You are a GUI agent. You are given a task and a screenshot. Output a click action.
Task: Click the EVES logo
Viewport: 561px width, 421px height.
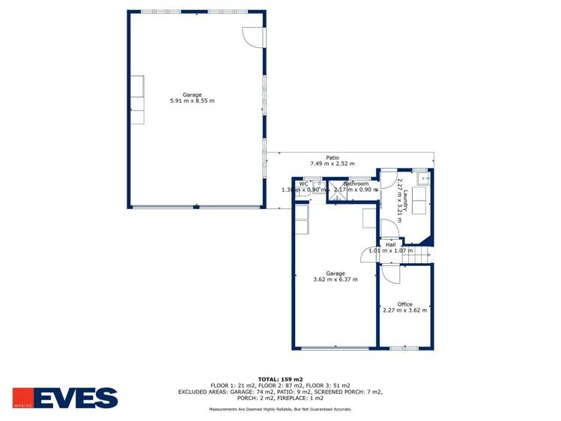tap(65, 398)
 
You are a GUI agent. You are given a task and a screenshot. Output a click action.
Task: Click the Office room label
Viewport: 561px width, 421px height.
tap(404, 304)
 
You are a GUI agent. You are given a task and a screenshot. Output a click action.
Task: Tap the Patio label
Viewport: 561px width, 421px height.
tap(333, 157)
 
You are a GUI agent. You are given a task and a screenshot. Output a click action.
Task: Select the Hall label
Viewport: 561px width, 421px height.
tap(390, 244)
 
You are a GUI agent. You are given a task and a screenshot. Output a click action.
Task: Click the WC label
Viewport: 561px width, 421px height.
tap(303, 184)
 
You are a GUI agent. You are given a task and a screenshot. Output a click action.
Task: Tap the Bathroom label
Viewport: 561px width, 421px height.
tap(356, 184)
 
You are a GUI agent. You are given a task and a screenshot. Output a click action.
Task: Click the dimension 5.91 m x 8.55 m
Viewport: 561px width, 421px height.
tap(192, 100)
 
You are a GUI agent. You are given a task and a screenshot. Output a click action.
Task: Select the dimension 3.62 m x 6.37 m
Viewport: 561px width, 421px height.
tap(335, 279)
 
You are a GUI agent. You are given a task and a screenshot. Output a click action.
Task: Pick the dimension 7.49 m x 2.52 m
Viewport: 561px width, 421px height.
tap(333, 163)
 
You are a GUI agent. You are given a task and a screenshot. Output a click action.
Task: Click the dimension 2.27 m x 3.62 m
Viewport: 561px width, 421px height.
tap(404, 310)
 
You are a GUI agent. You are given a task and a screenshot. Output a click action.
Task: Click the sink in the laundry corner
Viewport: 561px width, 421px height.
tap(425, 178)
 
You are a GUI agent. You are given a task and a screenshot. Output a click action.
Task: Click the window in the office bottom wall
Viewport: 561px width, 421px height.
tap(404, 348)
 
